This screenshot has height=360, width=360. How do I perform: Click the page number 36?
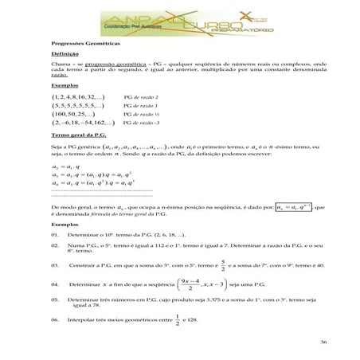point(323,342)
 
